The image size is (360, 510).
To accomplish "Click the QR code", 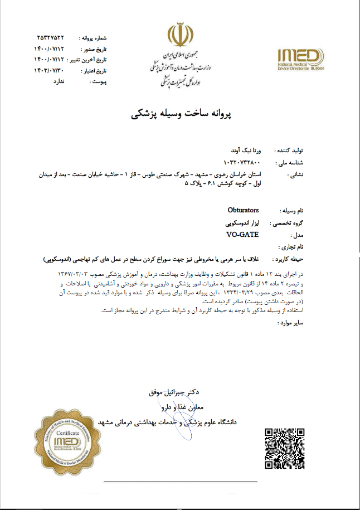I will click(x=285, y=448).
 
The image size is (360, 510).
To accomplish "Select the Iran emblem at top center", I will click(x=179, y=35).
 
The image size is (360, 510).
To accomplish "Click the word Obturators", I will click(x=244, y=211).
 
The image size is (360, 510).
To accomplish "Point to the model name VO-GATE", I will click(x=242, y=234).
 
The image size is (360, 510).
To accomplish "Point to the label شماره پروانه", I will click(x=93, y=38).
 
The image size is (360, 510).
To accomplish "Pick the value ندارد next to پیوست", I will click(x=59, y=81).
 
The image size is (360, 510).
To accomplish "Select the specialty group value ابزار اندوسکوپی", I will click(x=242, y=222).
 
